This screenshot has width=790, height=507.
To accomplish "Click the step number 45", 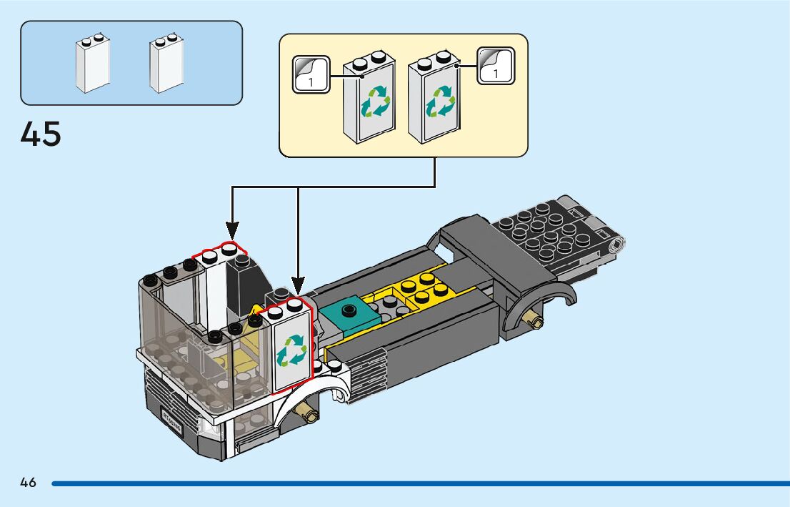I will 41,134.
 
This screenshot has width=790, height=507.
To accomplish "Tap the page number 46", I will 28,483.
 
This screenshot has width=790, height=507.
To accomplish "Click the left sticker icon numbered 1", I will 311,74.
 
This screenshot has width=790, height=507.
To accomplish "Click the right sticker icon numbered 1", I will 495,66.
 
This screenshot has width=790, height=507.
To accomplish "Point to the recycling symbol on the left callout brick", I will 375,102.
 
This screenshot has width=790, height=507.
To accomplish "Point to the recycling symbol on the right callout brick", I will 439,102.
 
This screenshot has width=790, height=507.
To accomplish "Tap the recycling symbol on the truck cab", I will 291,351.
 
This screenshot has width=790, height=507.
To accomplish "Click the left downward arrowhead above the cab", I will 232,229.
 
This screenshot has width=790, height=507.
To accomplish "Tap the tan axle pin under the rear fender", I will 533,321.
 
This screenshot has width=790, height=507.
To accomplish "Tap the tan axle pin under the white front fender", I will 308,411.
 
